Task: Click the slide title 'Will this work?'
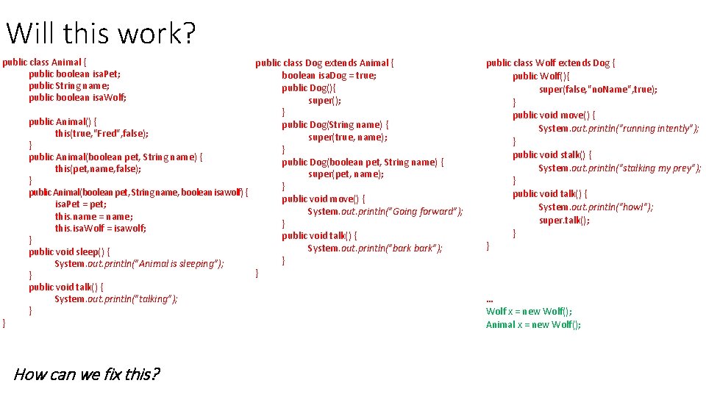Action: click(101, 33)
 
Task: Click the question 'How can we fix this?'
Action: click(86, 374)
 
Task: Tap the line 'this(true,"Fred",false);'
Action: click(101, 133)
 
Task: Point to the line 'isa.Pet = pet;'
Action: click(80, 204)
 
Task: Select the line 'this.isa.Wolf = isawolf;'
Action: click(100, 228)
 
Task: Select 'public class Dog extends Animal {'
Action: click(324, 63)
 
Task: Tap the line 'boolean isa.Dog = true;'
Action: click(329, 76)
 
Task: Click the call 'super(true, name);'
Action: click(348, 137)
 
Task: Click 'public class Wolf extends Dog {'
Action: click(551, 63)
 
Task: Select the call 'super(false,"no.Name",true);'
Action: click(598, 89)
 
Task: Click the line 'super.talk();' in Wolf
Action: click(564, 220)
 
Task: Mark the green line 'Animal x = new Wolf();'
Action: click(533, 325)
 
